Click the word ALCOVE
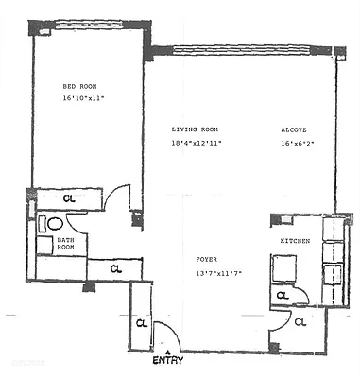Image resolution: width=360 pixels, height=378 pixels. (293, 129)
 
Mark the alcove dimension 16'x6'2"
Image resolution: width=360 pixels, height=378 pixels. (299, 144)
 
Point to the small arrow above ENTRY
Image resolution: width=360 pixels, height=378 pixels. (168, 352)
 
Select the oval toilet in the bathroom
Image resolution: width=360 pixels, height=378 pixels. (55, 225)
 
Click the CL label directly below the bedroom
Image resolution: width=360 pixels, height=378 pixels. (69, 198)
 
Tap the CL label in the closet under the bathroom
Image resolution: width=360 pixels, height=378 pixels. (115, 269)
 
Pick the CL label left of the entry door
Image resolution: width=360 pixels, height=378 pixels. (141, 322)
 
